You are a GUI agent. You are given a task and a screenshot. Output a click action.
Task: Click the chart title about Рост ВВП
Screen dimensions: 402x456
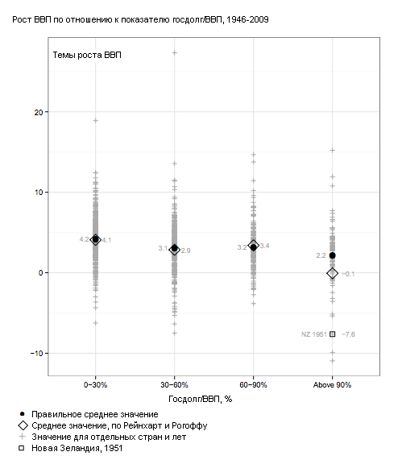click(140, 20)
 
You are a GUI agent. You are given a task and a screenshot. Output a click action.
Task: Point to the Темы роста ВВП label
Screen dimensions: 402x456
click(87, 55)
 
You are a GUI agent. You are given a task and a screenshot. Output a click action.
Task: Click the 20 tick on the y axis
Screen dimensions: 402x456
click(39, 112)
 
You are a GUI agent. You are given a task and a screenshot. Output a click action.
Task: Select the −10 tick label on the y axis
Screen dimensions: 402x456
click(36, 354)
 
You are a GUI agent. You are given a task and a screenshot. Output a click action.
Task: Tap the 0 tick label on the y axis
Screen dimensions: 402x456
click(41, 273)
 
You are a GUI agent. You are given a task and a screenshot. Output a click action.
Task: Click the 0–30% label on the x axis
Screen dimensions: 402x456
click(95, 385)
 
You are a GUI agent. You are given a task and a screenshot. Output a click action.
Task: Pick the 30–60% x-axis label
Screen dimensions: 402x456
click(174, 385)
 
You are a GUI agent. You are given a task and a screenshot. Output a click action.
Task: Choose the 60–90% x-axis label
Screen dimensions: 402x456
click(253, 385)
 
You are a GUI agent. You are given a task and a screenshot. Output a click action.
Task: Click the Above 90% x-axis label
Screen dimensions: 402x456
click(332, 385)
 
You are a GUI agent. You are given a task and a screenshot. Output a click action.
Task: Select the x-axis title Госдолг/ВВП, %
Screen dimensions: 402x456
click(201, 399)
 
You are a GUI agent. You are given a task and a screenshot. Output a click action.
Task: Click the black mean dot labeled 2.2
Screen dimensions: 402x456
click(332, 255)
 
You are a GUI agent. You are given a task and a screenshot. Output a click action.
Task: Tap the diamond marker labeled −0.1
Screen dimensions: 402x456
click(332, 273)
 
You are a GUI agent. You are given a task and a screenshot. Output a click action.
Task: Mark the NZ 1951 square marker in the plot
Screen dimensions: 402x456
click(332, 334)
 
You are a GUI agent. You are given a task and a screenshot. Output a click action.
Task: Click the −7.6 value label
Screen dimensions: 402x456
click(349, 334)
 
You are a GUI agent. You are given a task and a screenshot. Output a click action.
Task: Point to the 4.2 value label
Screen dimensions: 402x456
click(84, 239)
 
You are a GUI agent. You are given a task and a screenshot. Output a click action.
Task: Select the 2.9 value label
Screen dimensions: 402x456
click(185, 251)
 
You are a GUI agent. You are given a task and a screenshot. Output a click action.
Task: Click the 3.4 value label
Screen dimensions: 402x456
click(264, 246)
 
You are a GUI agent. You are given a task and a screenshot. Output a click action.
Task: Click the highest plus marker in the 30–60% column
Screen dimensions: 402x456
click(175, 53)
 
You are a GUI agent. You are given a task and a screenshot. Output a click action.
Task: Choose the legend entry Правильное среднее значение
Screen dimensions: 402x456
click(89, 414)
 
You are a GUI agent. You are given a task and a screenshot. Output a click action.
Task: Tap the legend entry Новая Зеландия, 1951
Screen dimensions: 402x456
click(70, 448)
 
